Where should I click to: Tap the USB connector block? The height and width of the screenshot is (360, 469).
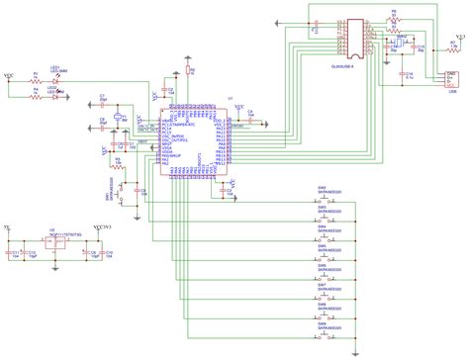[x=450, y=79]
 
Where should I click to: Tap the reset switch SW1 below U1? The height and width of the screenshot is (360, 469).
[x=120, y=187]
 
